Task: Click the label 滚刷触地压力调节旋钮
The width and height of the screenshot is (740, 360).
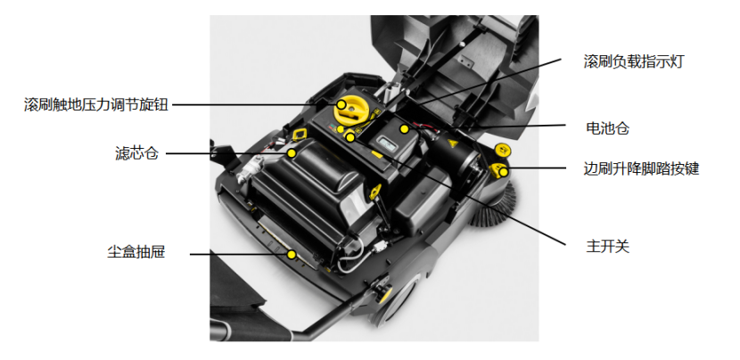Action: (96, 104)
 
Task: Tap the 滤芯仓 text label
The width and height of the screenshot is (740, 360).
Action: (137, 153)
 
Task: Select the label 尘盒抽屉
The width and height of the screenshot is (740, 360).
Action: (136, 252)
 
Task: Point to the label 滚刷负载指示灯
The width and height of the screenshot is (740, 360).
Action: (633, 61)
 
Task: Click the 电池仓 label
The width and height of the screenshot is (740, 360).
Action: (607, 127)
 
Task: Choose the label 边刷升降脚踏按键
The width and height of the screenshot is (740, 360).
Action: (641, 168)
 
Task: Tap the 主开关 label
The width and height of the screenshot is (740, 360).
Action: (607, 246)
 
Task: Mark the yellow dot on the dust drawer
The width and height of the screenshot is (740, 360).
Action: (292, 255)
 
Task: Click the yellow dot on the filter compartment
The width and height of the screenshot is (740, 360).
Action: (292, 153)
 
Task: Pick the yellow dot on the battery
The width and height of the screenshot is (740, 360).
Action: (404, 128)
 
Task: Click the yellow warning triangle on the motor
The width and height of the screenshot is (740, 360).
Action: (452, 143)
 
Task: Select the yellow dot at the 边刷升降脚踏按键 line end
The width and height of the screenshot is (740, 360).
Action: (504, 172)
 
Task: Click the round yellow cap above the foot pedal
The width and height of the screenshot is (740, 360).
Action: (503, 151)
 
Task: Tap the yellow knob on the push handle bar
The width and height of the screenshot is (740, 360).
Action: (382, 294)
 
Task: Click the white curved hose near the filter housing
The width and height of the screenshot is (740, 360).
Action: (350, 258)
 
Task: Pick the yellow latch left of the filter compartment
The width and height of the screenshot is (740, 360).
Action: (299, 135)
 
